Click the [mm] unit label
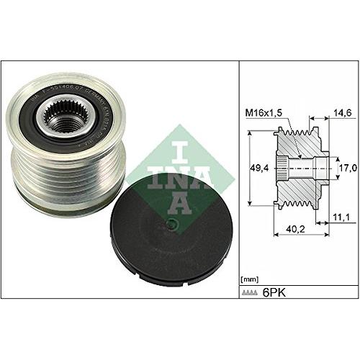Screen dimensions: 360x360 coord(250,276)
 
